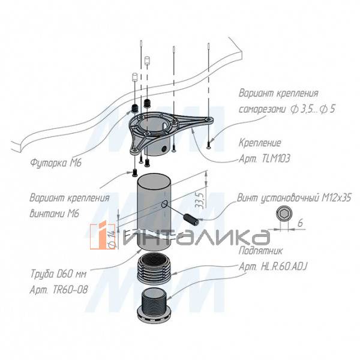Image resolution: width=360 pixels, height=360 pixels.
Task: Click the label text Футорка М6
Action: coord(56,163)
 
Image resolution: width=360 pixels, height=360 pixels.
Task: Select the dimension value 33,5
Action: coord(200,200)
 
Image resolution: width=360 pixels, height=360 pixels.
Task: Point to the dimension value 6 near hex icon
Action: coord(300,223)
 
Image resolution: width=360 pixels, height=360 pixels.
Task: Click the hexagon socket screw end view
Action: coord(284,214)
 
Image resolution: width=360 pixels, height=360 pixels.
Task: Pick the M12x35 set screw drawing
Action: coord(191,219)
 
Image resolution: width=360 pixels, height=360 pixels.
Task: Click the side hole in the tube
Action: coord(165,203)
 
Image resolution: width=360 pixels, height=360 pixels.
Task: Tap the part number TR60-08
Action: coord(70,290)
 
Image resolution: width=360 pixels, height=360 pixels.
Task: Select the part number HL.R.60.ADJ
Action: coord(284,266)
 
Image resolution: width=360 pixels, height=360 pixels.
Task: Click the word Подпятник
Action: coord(260,251)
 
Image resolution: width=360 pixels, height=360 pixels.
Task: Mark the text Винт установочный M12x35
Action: coord(294,198)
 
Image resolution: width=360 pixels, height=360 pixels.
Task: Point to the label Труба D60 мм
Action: coord(58,274)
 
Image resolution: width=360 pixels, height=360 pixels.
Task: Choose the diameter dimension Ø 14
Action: coord(112,239)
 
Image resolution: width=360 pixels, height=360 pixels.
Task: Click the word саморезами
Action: coord(262,109)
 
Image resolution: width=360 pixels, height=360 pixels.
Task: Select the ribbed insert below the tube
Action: coord(154,268)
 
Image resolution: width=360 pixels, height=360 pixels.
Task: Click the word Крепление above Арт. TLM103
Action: coord(260,143)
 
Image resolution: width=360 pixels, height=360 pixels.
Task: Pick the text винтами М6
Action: coord(55,214)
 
